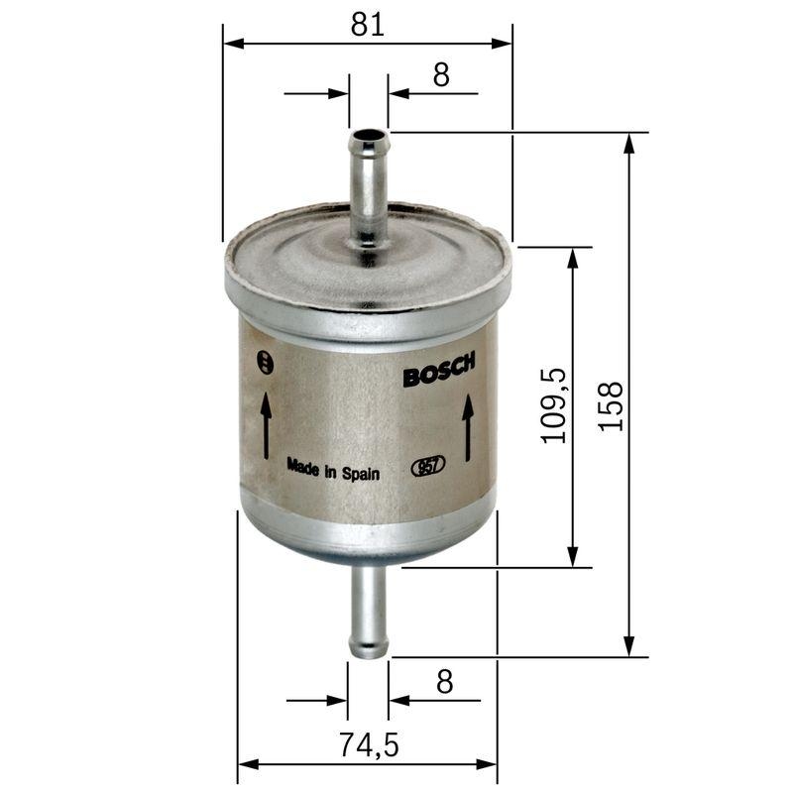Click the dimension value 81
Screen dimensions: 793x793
[x=368, y=25]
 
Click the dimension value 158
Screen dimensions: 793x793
[x=612, y=404]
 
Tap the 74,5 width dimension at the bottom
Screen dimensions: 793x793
[x=368, y=745]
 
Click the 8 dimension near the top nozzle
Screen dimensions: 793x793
[x=441, y=74]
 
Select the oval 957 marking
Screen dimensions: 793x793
[x=428, y=466]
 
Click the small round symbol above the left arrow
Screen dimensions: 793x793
[x=263, y=362]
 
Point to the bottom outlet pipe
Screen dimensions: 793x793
[x=369, y=610]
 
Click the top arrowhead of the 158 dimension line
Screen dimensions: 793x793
[x=628, y=142]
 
